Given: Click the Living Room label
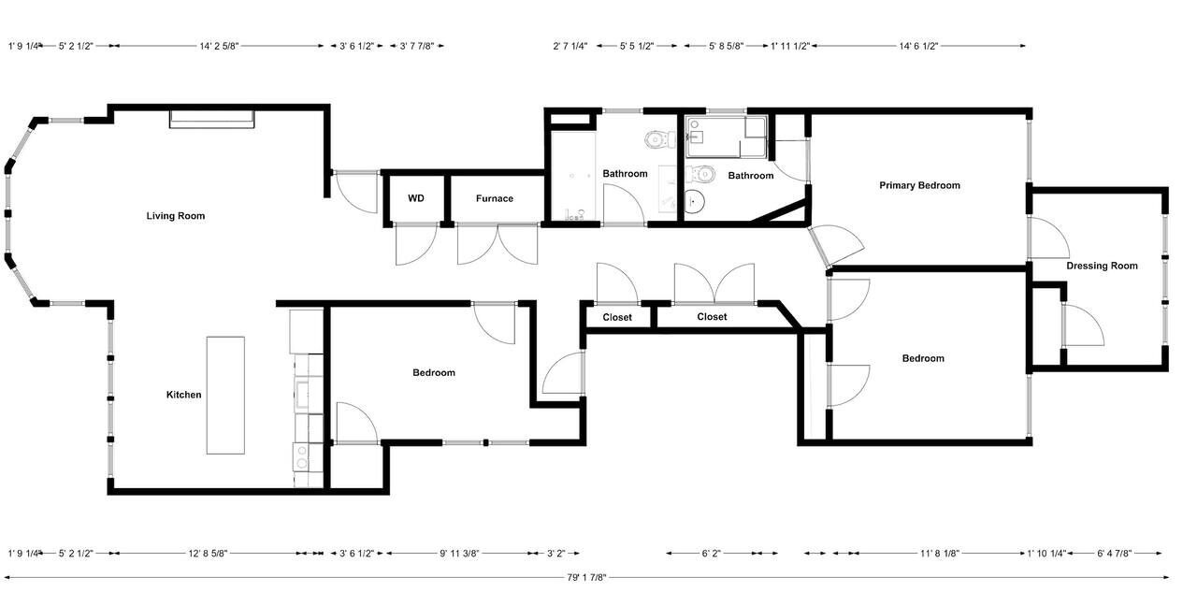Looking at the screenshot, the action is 175,216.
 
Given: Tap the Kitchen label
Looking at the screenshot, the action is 184,395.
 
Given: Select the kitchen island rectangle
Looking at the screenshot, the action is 225,396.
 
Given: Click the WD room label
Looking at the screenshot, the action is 416,198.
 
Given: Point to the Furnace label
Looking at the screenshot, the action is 495,198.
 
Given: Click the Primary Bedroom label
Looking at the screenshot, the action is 919,185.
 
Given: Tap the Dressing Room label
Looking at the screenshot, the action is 1102,266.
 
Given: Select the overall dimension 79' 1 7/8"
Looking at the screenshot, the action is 586,578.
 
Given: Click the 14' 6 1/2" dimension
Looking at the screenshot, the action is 918,46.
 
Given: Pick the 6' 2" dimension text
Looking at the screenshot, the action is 711,554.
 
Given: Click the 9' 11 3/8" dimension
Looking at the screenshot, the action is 459,554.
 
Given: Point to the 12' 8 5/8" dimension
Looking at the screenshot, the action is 208,554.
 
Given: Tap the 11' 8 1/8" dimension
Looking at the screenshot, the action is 940,554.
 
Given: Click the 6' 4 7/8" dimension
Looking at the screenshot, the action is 1114,554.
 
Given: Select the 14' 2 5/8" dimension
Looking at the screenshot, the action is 219,46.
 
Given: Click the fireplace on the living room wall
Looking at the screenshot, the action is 212,119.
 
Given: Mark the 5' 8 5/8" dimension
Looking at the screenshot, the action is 727,46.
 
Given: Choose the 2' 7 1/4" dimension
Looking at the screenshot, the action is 570,46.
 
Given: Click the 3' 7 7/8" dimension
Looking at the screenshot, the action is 417,46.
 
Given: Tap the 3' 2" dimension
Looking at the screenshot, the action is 555,554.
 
